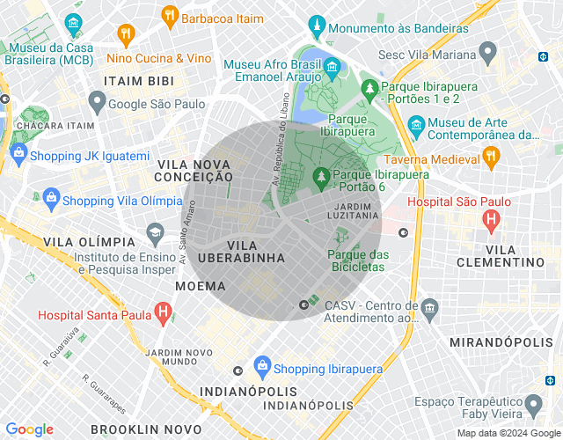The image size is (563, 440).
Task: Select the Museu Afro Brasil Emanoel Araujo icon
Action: (x=333, y=67)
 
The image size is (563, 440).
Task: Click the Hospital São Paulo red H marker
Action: (x=491, y=216)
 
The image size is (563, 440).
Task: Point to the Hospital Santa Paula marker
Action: (x=163, y=311)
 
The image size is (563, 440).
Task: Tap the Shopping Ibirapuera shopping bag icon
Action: (x=261, y=365)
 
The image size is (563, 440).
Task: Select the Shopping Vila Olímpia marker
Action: (x=50, y=196)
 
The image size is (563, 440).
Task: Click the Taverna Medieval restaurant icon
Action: (x=492, y=158)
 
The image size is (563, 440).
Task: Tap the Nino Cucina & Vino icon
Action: (x=127, y=35)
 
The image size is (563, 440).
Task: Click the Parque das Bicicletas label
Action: (x=356, y=260)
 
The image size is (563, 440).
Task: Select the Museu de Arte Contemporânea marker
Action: (x=416, y=130)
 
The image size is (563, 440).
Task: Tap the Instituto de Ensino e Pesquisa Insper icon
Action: (x=156, y=233)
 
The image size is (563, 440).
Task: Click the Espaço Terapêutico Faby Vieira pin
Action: (x=532, y=406)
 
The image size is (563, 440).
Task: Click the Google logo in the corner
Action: (x=29, y=429)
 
